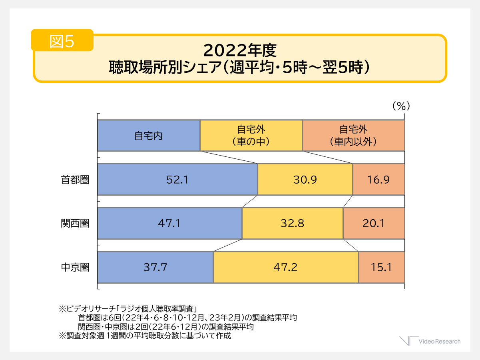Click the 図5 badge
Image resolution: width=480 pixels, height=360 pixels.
point(62,41)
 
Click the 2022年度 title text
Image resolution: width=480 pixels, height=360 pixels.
point(239,51)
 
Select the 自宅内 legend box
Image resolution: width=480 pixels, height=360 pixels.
point(149,136)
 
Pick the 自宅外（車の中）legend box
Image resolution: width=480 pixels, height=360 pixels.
point(251,136)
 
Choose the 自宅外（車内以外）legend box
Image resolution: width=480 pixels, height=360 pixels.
point(353,136)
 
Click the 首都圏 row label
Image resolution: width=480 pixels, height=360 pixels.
point(75,180)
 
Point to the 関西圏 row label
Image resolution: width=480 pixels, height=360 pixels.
point(75,223)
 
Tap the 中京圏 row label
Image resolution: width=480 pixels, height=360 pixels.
point(75,267)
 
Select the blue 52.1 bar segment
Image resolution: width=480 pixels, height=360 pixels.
point(177,179)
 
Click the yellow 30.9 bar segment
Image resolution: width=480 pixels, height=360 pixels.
point(305,179)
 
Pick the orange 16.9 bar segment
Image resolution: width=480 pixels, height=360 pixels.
point(378,179)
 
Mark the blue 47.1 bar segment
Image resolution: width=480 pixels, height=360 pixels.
point(169,223)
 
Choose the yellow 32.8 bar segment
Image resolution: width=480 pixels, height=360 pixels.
point(292,223)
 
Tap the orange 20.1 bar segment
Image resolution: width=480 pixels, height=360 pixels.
point(374,223)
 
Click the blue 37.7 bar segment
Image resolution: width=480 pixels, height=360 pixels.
point(155,267)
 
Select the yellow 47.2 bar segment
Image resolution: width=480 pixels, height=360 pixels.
point(285,267)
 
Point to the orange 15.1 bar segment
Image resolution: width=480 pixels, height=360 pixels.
point(381,267)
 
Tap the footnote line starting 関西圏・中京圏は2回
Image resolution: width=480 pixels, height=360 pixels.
point(166,327)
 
